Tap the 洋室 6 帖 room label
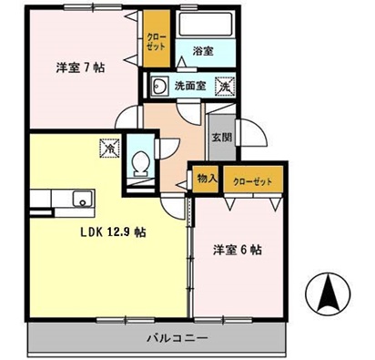tap(238, 249)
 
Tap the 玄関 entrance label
tap(222, 139)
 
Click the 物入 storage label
tap(207, 180)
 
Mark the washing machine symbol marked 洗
tap(222, 86)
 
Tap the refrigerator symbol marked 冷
tap(110, 146)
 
